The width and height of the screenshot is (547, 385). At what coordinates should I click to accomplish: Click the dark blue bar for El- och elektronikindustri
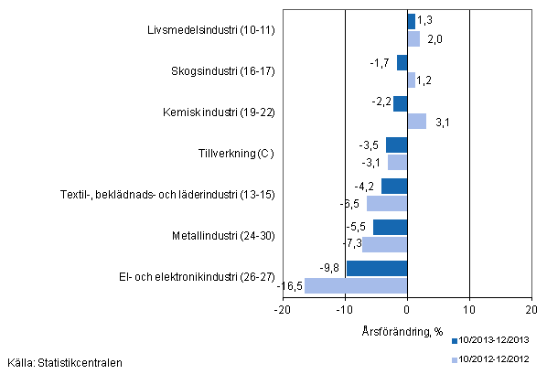377,269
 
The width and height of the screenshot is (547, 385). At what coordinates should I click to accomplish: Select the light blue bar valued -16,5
356,285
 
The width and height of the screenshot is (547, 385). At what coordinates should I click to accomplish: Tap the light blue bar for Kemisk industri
416,121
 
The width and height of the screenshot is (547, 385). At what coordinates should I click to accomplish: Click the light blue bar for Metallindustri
384,244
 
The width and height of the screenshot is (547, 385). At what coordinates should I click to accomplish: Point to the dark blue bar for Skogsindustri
402,63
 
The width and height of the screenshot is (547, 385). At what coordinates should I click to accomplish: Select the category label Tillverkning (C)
236,154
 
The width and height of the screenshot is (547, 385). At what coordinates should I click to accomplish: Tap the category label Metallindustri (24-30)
222,236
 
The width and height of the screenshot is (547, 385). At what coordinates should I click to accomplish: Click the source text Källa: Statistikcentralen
63,363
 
